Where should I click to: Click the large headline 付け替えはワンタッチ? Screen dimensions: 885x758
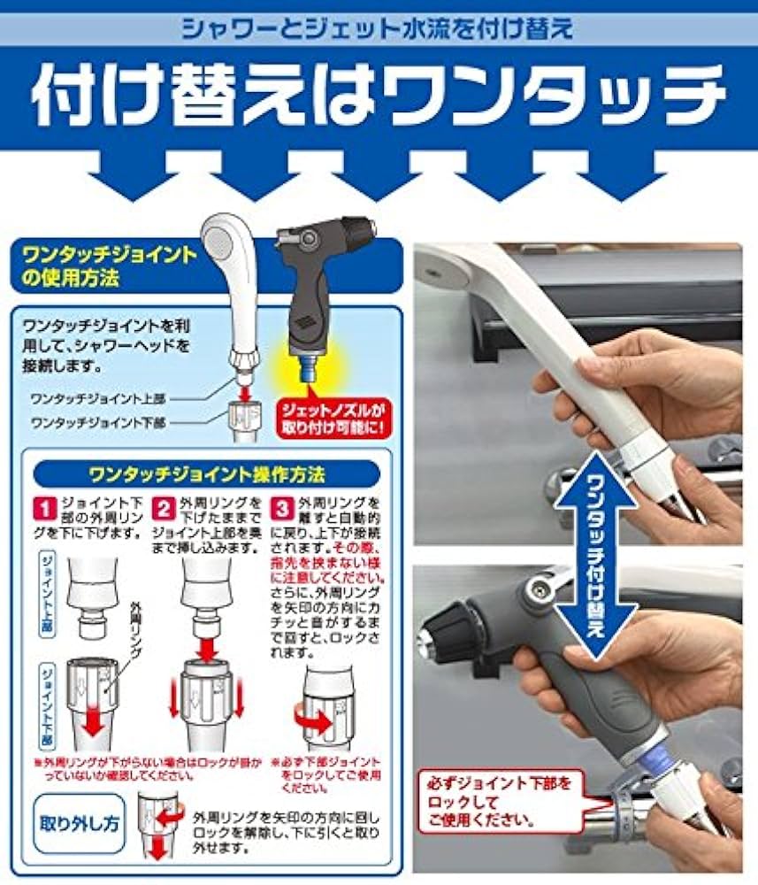pos(379,94)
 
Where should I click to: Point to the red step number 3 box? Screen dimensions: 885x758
pos(281,508)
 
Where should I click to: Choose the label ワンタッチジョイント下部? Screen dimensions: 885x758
pos(97,423)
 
